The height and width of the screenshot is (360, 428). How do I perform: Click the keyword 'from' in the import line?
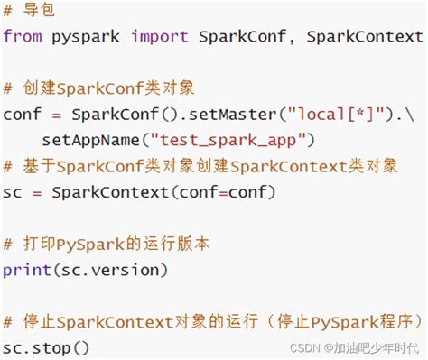point(22,37)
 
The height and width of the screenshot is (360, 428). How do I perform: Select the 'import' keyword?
point(159,37)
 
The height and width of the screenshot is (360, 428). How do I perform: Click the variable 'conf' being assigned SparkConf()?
point(22,115)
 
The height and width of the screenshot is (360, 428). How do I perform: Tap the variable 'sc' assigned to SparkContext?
point(12,192)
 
